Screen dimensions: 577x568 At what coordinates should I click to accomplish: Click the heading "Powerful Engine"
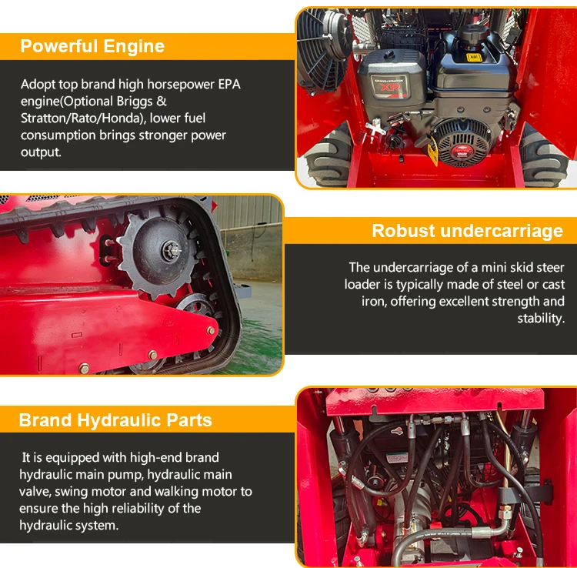click(x=92, y=46)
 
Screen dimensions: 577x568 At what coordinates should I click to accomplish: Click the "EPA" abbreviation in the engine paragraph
click(x=229, y=85)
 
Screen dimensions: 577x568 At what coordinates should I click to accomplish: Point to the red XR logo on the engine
click(x=390, y=87)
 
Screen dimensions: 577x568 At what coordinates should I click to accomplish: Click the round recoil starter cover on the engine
click(x=462, y=143)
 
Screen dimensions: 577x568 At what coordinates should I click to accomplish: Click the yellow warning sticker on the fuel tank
click(x=474, y=58)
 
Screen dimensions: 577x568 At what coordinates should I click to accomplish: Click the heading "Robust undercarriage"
click(x=467, y=231)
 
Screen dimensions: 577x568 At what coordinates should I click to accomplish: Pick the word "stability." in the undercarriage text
click(x=541, y=318)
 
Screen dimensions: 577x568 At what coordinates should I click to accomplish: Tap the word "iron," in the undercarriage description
click(x=373, y=302)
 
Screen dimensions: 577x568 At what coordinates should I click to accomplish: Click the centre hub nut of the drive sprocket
click(x=171, y=251)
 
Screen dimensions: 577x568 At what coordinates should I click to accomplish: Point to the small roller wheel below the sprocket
click(x=195, y=306)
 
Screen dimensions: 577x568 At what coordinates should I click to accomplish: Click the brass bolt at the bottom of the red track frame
click(x=85, y=368)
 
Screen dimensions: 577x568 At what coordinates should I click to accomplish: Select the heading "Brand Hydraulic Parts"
click(x=115, y=420)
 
